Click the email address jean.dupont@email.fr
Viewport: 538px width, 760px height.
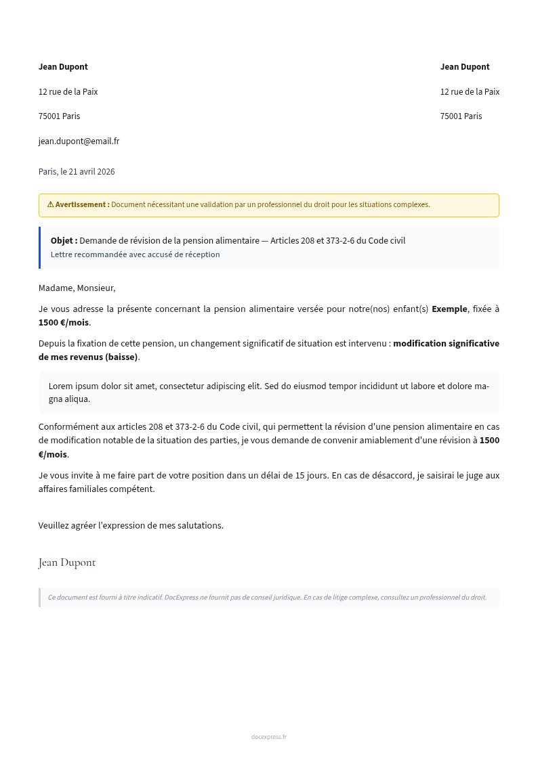pos(79,141)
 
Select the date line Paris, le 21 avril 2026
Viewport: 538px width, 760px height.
pos(77,172)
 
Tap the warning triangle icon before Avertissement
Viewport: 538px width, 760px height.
pos(50,204)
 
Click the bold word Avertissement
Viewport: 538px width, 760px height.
pos(82,204)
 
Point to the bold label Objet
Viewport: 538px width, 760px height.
pos(64,241)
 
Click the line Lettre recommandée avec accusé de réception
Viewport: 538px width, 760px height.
pos(135,255)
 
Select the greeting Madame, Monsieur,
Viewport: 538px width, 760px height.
pos(77,288)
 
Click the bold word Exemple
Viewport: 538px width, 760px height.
pos(449,309)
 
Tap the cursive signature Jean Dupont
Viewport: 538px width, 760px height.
pos(67,562)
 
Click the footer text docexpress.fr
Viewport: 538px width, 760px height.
pos(268,737)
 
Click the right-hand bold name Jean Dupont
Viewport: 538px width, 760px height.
pos(465,67)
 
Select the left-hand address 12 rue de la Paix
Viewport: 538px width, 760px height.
pos(68,92)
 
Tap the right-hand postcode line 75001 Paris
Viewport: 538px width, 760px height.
pos(461,116)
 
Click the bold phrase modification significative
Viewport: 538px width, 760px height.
pos(446,344)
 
